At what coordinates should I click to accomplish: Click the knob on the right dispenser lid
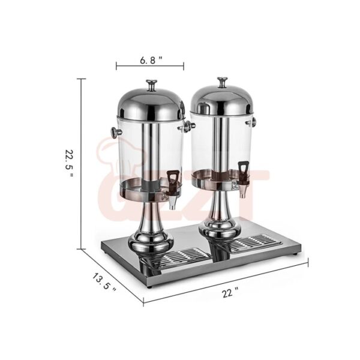click(x=223, y=81)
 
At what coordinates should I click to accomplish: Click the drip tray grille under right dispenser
click(x=253, y=243)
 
